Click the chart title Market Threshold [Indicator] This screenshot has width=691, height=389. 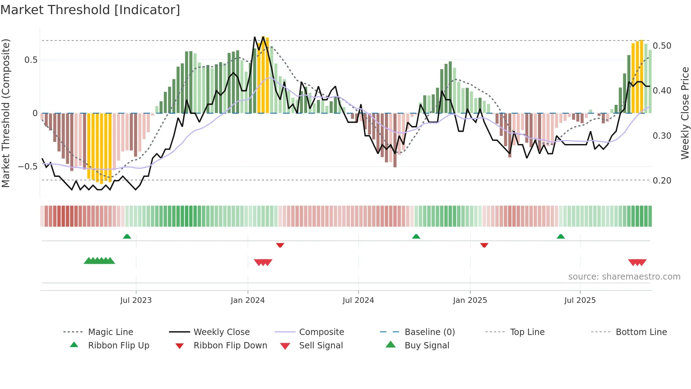click(x=90, y=10)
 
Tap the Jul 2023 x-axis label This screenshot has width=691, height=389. click(x=136, y=300)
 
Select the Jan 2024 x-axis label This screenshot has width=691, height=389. click(x=247, y=300)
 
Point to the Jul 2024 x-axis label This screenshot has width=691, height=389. click(x=358, y=300)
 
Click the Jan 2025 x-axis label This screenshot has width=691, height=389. click(x=470, y=300)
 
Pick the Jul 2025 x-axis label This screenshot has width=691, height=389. click(x=580, y=300)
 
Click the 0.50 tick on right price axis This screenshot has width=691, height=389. click(x=662, y=46)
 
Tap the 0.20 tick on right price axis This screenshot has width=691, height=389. click(x=662, y=181)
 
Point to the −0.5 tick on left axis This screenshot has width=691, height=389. click(x=27, y=166)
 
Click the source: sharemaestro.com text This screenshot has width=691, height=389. click(x=624, y=277)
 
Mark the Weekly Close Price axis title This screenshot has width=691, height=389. click(x=685, y=113)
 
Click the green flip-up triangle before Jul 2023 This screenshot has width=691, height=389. click(x=127, y=237)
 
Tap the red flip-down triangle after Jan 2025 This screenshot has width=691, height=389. click(x=484, y=245)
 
